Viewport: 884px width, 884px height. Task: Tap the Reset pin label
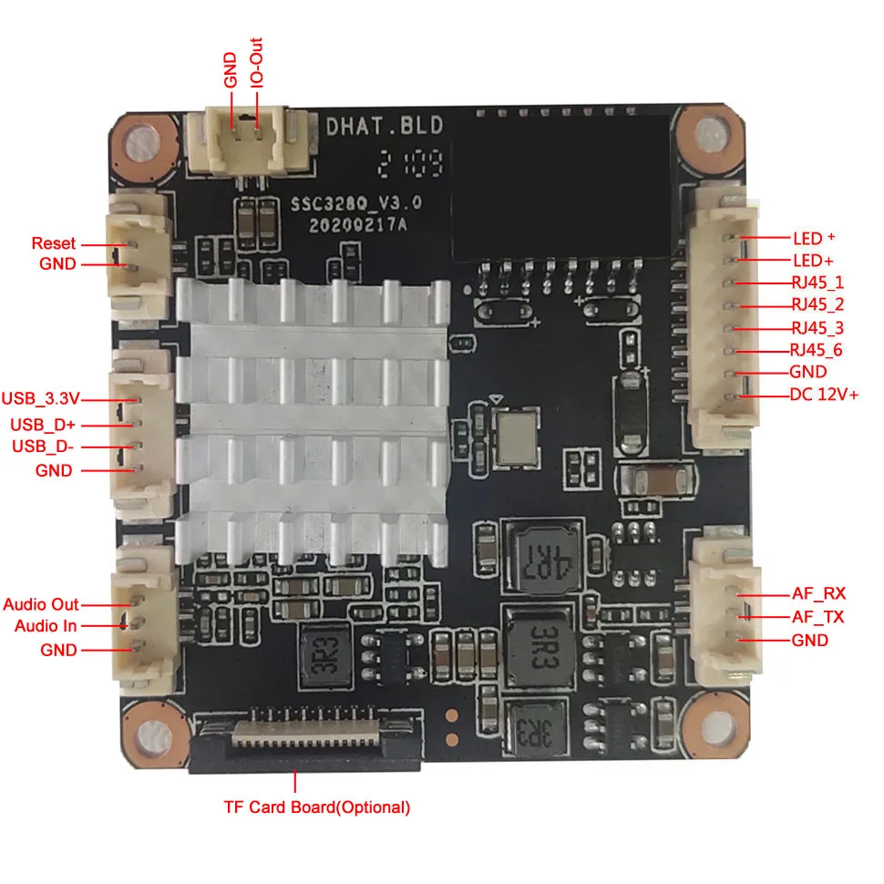[x=54, y=243]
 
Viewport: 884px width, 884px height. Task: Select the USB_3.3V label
[x=41, y=398]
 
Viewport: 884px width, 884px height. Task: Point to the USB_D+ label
[x=43, y=424]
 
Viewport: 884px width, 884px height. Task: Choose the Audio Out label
[x=41, y=604]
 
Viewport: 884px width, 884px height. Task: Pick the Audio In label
[x=46, y=626]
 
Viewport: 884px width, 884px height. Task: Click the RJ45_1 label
[x=817, y=283]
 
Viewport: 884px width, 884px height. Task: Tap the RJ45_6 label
[x=817, y=350]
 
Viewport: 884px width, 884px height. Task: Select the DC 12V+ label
[x=824, y=395]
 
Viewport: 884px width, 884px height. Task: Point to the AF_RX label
[x=818, y=594]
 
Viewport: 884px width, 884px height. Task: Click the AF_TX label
[x=817, y=617]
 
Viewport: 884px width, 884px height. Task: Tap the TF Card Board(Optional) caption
[x=317, y=807]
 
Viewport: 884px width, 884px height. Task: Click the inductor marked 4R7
[x=544, y=553]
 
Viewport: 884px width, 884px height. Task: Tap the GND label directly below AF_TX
[x=810, y=640]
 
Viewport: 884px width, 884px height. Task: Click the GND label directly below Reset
[x=58, y=264]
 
